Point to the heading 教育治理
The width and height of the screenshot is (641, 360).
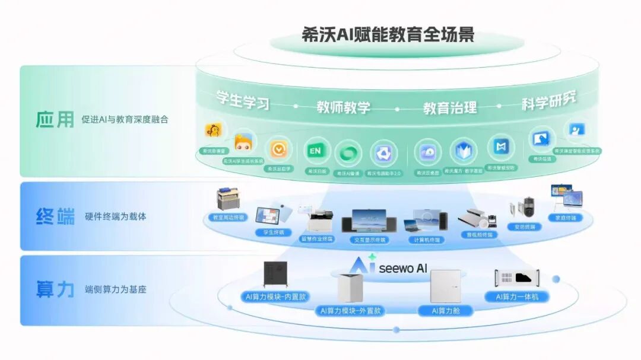[x=449, y=107]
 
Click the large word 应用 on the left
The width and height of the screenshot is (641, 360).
[x=54, y=119]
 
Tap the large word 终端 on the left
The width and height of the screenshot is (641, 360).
[x=55, y=216]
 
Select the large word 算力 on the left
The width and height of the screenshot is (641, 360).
[x=55, y=289]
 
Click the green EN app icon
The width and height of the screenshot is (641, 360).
[x=315, y=151]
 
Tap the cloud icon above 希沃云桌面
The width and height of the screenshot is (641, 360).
[x=427, y=152]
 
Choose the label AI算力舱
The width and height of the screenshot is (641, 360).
[x=445, y=310]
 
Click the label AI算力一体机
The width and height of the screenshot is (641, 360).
[x=516, y=296]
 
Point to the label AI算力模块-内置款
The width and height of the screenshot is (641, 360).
[x=275, y=296]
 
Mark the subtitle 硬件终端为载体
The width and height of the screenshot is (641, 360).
[x=116, y=216]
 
